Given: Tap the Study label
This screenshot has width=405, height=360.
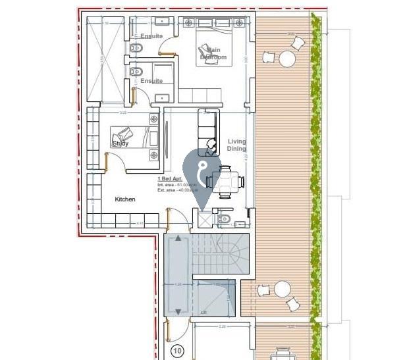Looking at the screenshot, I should [x=121, y=143].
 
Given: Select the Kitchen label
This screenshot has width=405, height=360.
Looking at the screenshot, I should [x=125, y=199].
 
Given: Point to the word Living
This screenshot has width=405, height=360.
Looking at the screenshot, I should [x=237, y=141].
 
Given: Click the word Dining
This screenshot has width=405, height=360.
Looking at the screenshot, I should [x=236, y=149].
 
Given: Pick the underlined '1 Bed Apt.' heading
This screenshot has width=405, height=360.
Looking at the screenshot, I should [x=169, y=179].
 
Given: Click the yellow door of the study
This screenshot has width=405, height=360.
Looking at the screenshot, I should [x=106, y=160].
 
